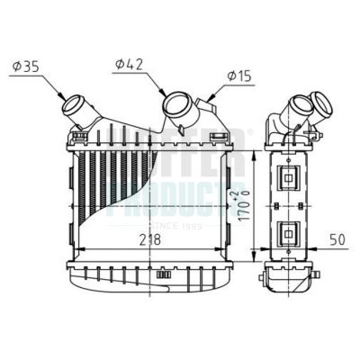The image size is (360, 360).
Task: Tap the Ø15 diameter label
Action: [238, 76]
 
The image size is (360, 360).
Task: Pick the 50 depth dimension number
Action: [337, 240]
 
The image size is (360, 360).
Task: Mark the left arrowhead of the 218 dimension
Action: [74, 248]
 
